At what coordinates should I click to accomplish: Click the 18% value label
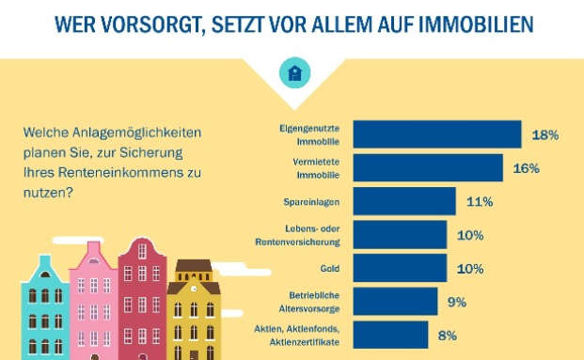(x=545, y=135)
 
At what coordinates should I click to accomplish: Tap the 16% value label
(x=526, y=168)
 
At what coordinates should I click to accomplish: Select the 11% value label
(x=480, y=202)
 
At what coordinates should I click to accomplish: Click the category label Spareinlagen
(x=311, y=202)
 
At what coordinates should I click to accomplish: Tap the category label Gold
(x=328, y=268)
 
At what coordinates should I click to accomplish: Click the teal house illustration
(x=44, y=305)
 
